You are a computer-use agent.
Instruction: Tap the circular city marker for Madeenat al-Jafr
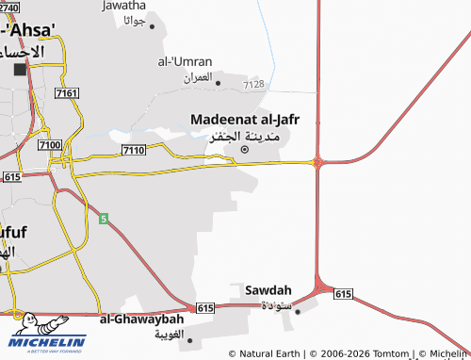[x=245, y=149]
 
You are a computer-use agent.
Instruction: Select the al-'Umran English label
[x=183, y=61]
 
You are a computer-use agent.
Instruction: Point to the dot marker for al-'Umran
[x=218, y=82]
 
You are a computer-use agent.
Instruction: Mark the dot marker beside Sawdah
[x=297, y=310]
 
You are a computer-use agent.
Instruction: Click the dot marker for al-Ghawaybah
[x=189, y=339]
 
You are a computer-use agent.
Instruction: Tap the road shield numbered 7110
[x=133, y=151]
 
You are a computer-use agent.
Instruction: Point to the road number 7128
[x=253, y=85]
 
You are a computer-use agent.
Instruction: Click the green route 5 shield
[x=104, y=218]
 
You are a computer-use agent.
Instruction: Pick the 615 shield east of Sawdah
[x=343, y=294]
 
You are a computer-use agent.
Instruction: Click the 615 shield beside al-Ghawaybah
[x=206, y=308]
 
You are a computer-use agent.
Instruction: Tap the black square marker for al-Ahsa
[x=20, y=70]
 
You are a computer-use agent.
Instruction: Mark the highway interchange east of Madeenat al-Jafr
[x=318, y=162]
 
